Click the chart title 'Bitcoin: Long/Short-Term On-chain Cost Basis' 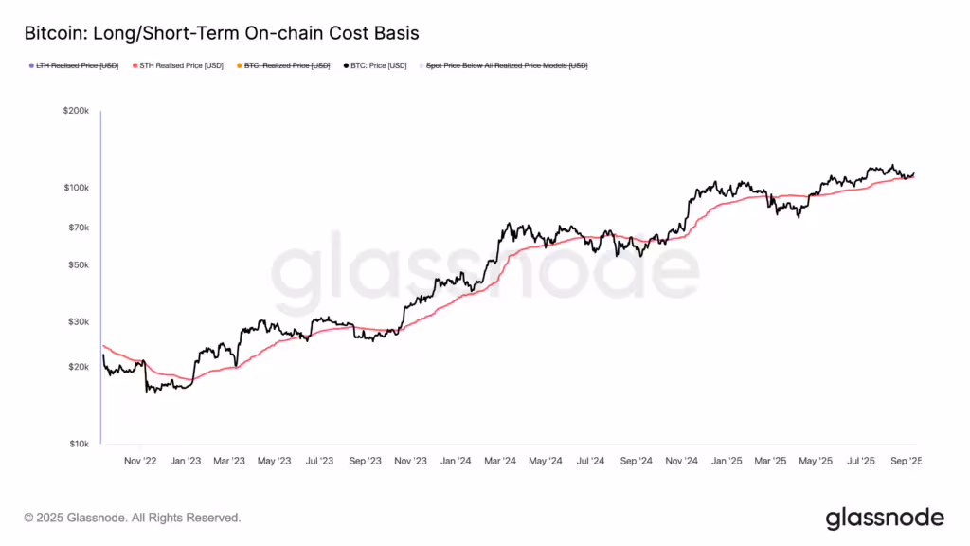221,33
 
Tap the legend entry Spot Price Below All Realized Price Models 507,65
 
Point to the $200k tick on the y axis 76,111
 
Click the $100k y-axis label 76,188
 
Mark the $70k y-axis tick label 78,227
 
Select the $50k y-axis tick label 78,264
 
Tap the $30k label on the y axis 78,322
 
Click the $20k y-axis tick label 78,367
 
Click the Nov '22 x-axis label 140,462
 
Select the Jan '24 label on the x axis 456,462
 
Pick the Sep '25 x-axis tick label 906,462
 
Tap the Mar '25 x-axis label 771,462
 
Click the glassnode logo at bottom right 885,518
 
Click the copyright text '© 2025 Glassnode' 133,518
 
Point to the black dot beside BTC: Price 346,65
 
